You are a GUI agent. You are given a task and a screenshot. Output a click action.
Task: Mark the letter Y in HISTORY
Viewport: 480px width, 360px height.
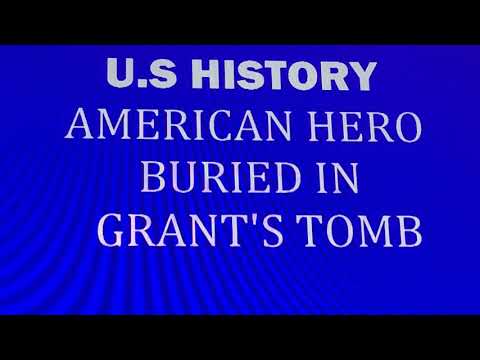click(363, 75)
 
